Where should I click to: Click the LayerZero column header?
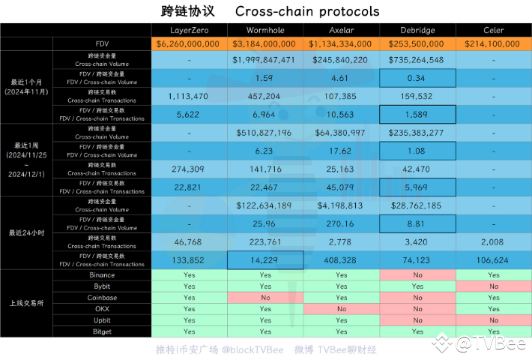click(189, 30)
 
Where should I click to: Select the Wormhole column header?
click(265, 30)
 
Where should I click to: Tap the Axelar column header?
click(342, 30)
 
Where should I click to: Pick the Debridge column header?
click(417, 30)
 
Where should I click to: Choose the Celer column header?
click(494, 30)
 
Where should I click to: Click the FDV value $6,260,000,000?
click(189, 44)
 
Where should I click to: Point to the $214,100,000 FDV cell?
click(494, 44)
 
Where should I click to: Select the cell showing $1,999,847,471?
click(265, 59)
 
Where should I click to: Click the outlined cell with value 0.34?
click(417, 77)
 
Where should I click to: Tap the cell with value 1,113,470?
click(189, 96)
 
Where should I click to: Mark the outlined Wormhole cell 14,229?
click(265, 260)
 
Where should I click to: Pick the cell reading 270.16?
click(342, 223)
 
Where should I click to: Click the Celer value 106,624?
click(494, 260)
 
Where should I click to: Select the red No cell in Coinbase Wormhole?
click(265, 297)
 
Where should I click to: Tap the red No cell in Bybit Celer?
click(494, 286)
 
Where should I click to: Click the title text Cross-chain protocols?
click(307, 11)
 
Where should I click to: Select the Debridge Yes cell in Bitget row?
click(417, 331)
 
